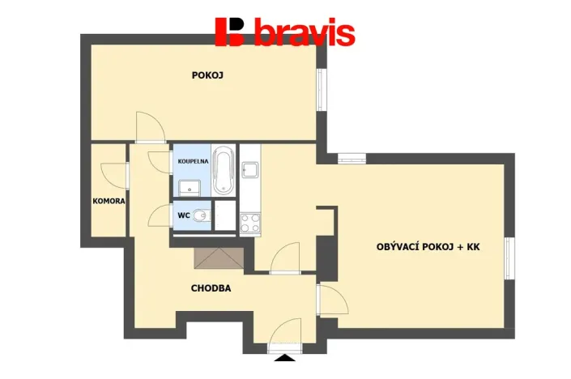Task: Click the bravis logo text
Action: [x=304, y=33]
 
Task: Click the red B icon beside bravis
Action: [x=229, y=32]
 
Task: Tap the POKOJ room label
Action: [x=207, y=75]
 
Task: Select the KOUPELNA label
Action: [x=194, y=161]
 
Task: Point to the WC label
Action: [x=183, y=215]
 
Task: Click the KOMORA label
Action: [x=109, y=201]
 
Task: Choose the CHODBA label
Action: [x=211, y=287]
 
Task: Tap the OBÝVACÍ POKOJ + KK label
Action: [x=428, y=246]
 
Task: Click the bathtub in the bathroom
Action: [x=223, y=170]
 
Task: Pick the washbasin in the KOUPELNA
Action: [x=190, y=188]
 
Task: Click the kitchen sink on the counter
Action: [x=250, y=170]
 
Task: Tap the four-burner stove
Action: [x=249, y=221]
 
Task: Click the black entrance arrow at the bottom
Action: [x=284, y=358]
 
